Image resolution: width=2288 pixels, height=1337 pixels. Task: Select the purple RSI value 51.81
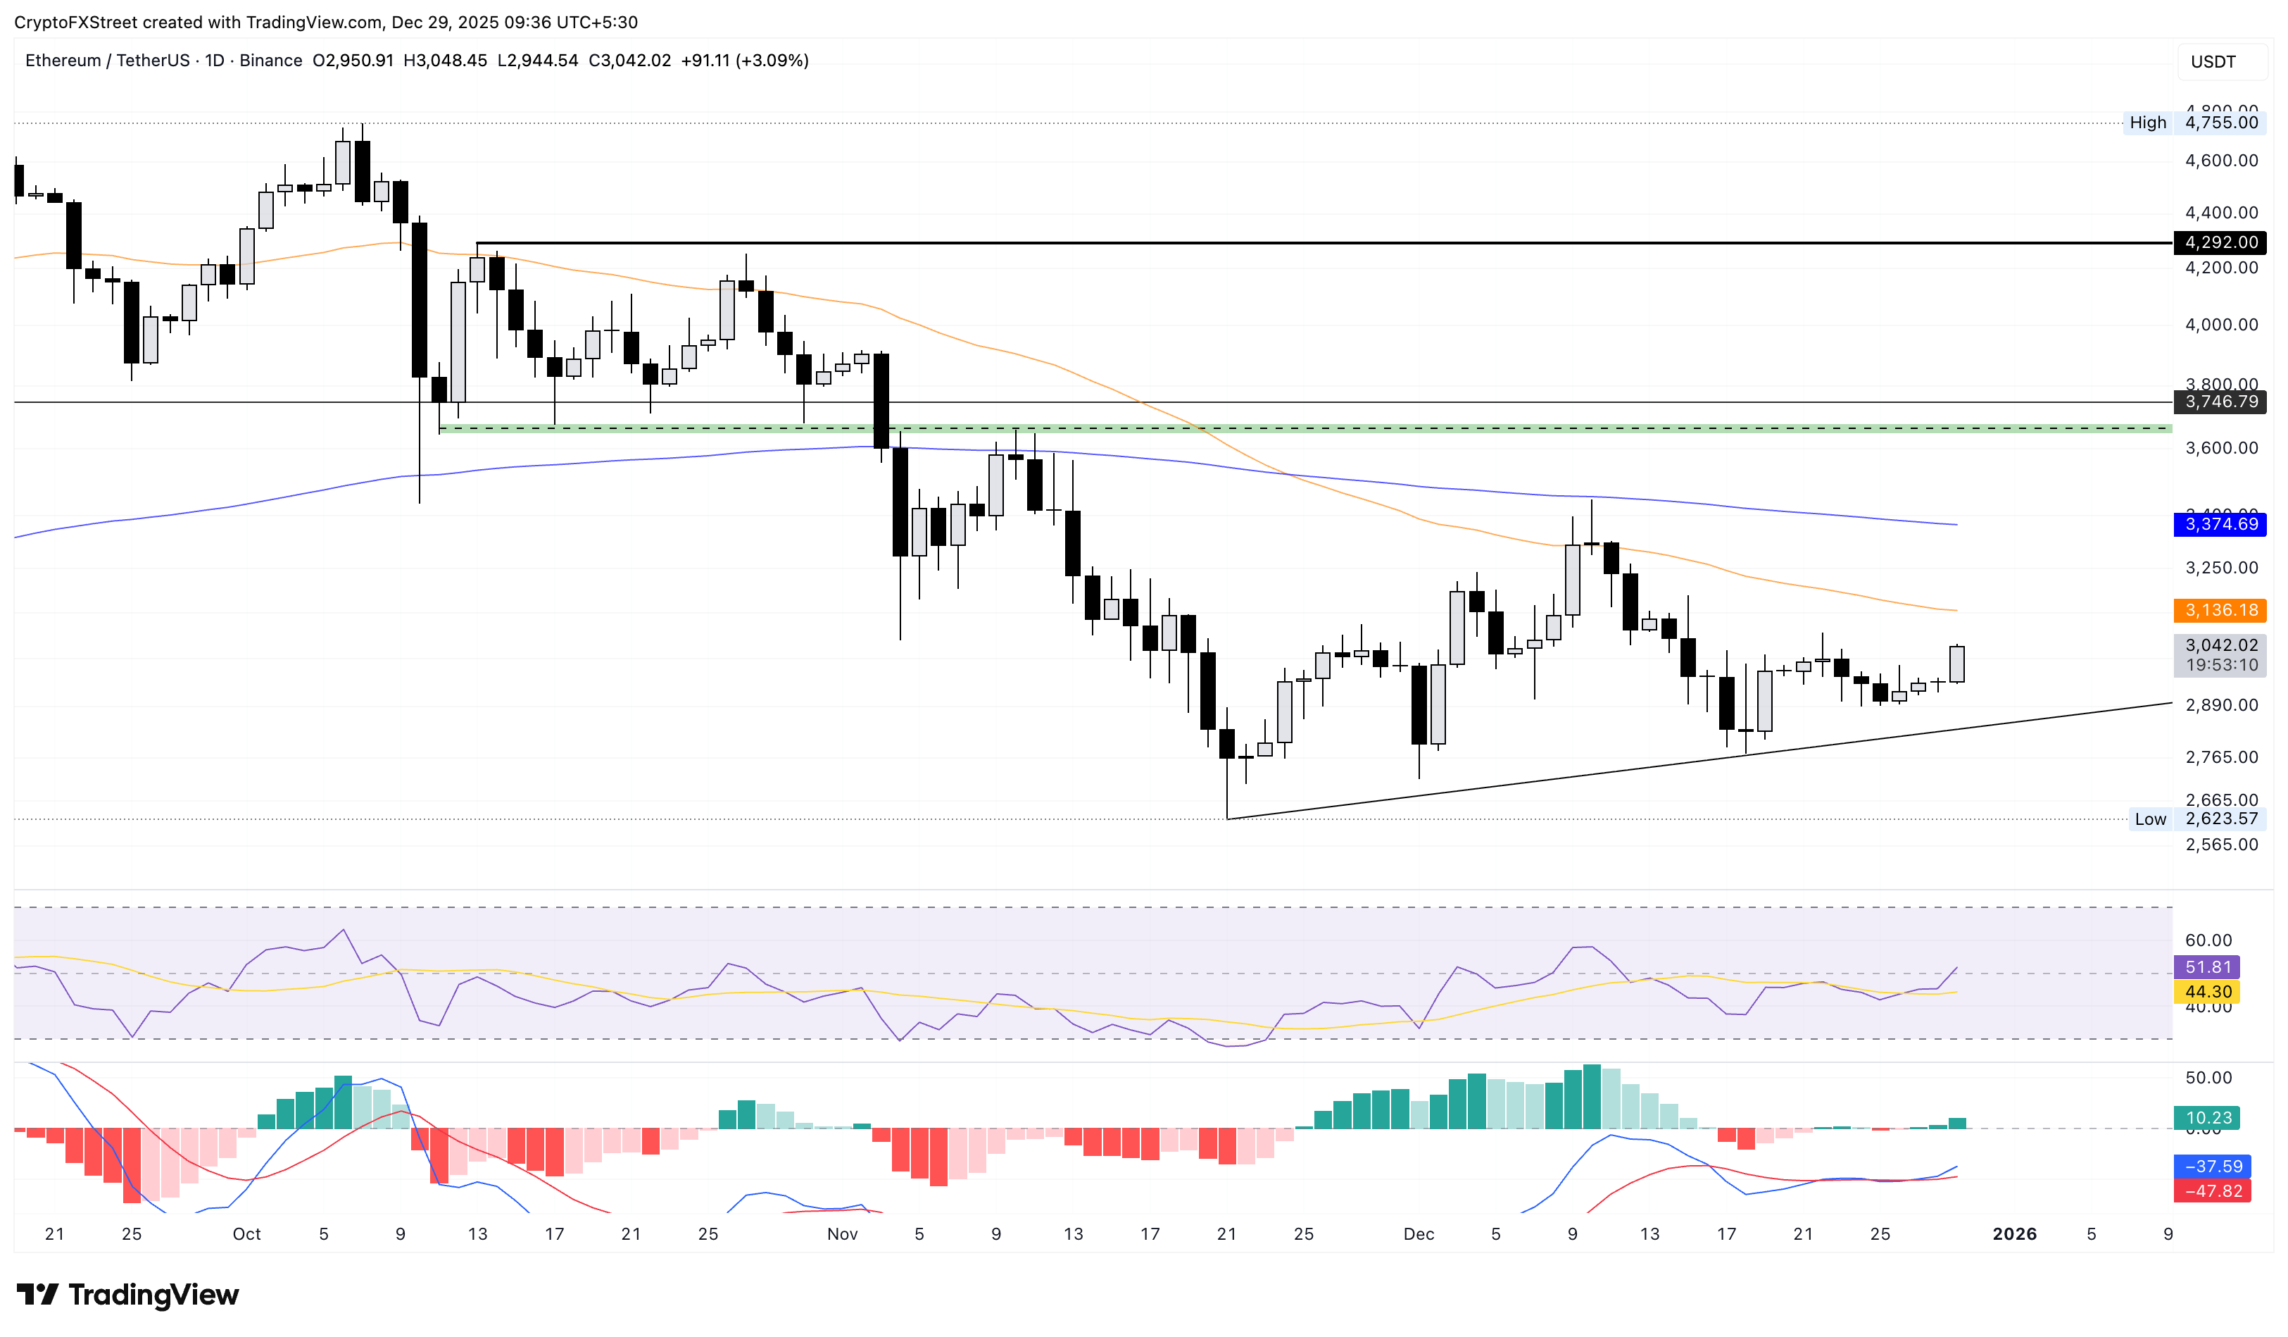(2206, 967)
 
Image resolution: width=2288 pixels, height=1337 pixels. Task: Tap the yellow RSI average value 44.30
(2206, 992)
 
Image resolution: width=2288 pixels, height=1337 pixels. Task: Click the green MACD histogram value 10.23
(2206, 1118)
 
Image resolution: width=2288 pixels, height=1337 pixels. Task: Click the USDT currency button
(2213, 62)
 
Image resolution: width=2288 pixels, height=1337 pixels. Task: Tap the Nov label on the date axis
(842, 1234)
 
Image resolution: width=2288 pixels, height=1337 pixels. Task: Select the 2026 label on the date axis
(2014, 1234)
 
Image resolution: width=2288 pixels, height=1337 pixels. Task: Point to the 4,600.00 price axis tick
(2221, 161)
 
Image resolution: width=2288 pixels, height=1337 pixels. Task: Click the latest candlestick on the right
(1956, 664)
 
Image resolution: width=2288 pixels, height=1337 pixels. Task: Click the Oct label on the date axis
(246, 1234)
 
